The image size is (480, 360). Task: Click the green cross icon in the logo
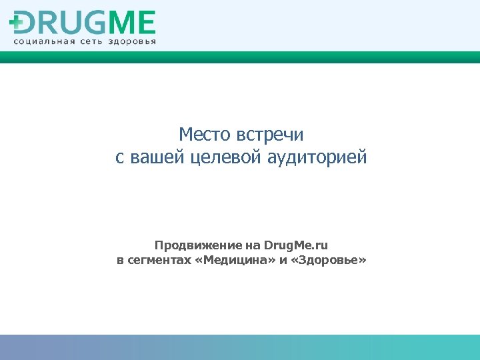click(16, 23)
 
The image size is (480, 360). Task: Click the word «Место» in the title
click(205, 135)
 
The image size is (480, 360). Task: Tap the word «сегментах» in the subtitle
click(159, 259)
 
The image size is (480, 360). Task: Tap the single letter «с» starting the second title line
click(119, 159)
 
